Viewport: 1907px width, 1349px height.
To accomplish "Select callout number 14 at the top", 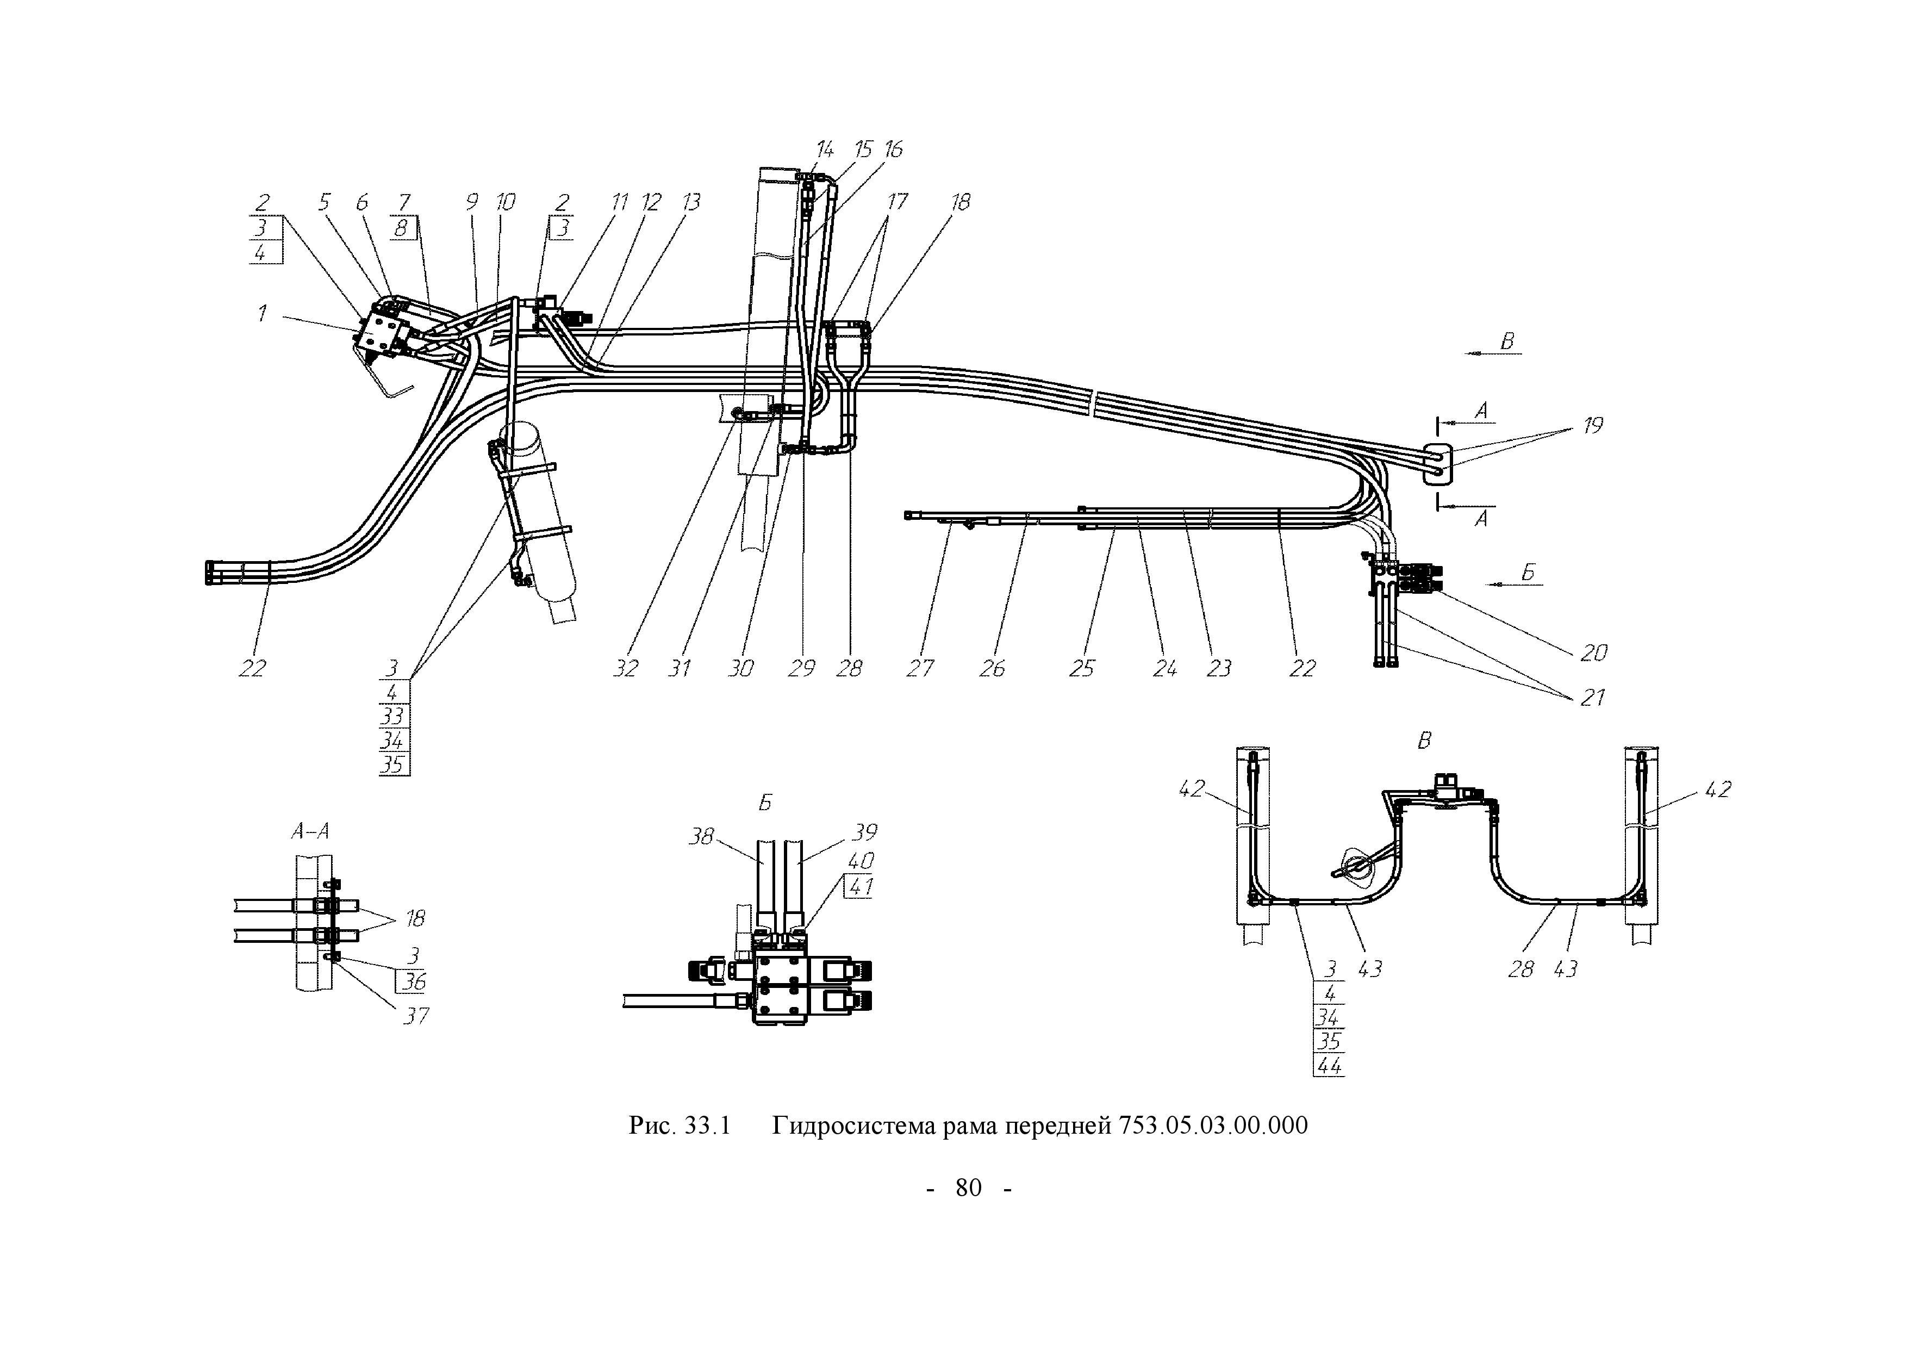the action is tap(824, 150).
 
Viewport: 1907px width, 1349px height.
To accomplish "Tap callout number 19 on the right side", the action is tap(1592, 425).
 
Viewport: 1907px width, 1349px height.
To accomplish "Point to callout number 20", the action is tap(1593, 653).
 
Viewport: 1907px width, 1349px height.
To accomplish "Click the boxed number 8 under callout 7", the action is tap(401, 228).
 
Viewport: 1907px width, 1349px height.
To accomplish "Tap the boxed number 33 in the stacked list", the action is tap(392, 716).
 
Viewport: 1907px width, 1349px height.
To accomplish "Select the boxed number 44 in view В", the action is tap(1329, 1065).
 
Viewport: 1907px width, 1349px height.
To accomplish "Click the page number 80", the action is tap(969, 1188).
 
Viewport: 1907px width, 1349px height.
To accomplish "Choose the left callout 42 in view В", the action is tap(1191, 788).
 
